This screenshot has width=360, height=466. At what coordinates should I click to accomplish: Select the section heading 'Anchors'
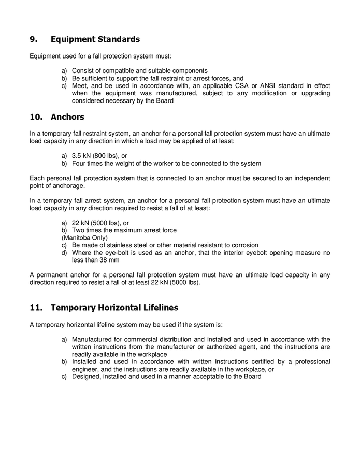[x=67, y=117]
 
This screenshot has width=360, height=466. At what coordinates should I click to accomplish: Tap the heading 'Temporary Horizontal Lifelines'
[x=114, y=308]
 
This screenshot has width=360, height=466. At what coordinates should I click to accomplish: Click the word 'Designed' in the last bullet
[x=85, y=377]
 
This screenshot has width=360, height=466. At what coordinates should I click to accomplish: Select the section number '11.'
[x=36, y=308]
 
